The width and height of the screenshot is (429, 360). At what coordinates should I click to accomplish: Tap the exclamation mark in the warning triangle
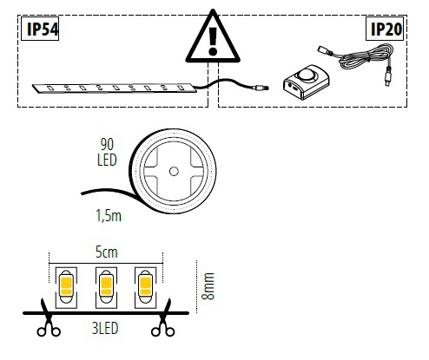click(213, 41)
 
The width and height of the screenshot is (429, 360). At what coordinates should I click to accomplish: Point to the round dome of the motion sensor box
click(307, 74)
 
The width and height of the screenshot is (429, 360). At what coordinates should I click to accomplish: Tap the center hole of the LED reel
click(174, 172)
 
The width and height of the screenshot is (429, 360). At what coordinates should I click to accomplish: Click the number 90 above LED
click(107, 144)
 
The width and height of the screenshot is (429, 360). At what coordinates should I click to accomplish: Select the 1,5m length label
click(109, 216)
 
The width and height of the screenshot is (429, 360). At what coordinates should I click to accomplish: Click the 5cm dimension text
click(107, 252)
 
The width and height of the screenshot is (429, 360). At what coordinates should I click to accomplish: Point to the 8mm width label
click(208, 286)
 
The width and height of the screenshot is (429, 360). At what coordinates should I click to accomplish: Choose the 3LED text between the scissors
click(105, 328)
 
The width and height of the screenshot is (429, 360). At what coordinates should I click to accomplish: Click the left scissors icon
click(48, 318)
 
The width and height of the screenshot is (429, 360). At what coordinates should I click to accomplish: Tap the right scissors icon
click(163, 318)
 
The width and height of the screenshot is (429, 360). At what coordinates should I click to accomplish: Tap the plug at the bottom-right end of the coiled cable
click(387, 76)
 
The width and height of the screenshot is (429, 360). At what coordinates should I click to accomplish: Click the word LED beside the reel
click(107, 160)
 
